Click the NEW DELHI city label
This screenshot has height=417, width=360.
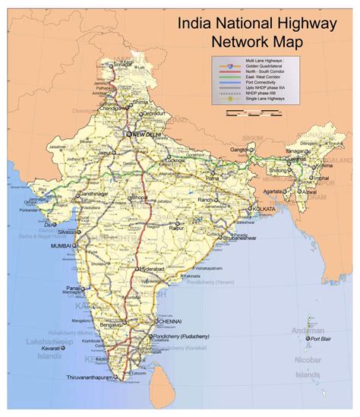pyautogui.click(x=149, y=134)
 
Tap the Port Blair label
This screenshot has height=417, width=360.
pyautogui.click(x=324, y=339)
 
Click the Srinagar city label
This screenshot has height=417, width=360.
pyautogui.click(x=122, y=65)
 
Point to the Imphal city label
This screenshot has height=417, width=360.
pyautogui.click(x=321, y=179)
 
